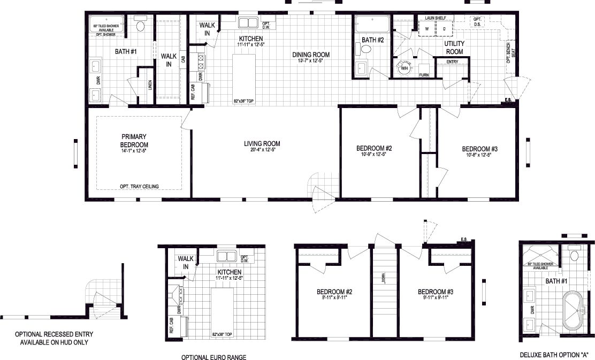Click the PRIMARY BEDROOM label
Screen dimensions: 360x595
(x=134, y=141)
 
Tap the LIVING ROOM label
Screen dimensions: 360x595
(x=262, y=143)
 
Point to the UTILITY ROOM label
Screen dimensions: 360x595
(x=454, y=48)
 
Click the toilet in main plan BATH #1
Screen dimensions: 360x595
(x=141, y=25)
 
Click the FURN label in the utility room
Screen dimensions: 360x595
(x=424, y=74)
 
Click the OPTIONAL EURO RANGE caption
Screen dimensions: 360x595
(x=214, y=357)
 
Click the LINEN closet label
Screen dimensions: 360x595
(x=150, y=85)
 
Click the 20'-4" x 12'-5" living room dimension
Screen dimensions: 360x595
(x=262, y=150)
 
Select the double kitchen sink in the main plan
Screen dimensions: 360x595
(x=247, y=23)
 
